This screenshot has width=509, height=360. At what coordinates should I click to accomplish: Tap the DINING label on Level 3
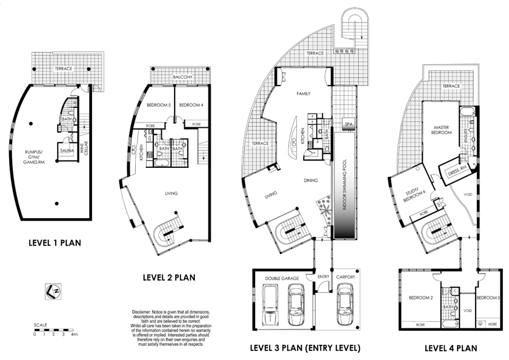pos(311,180)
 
